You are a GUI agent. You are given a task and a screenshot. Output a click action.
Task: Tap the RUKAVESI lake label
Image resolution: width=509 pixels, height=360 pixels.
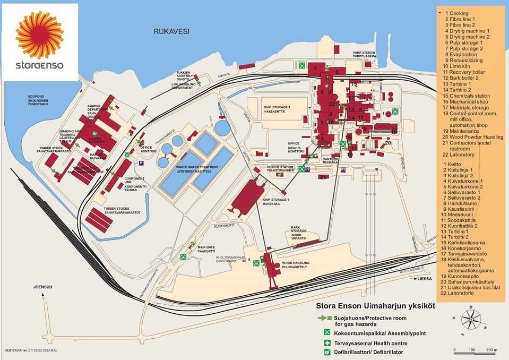(x=171, y=31)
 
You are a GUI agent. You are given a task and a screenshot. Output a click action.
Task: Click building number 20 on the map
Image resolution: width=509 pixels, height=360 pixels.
(x=388, y=143)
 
